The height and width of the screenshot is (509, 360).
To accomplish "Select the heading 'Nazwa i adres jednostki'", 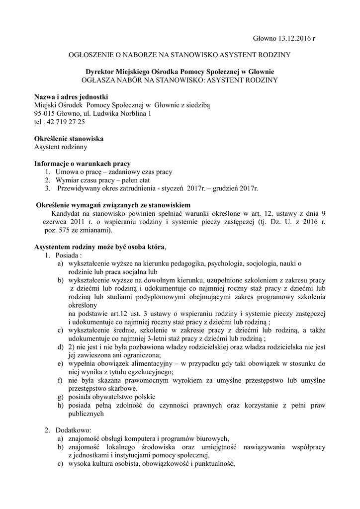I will [71, 96].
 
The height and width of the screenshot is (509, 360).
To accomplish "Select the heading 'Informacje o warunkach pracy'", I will [82, 164].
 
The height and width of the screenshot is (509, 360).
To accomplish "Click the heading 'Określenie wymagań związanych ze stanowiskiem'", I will [114, 205].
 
